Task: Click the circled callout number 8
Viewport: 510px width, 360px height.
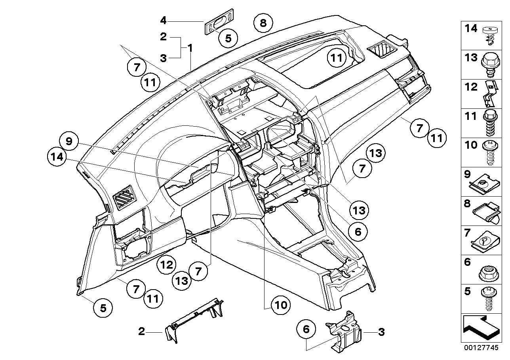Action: [263, 23]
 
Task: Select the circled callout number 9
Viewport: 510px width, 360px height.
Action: [69, 142]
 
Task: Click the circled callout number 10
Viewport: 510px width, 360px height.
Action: [281, 305]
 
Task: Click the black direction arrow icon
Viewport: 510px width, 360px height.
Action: [480, 327]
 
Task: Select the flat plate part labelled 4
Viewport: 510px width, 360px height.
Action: [218, 27]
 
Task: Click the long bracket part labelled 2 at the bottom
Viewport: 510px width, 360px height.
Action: [192, 321]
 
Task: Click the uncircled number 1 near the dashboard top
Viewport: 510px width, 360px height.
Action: [190, 48]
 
